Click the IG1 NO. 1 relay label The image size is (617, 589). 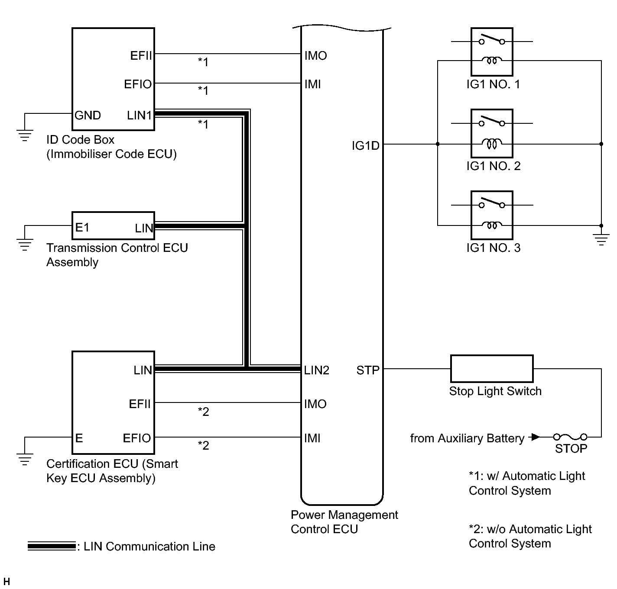coord(493,84)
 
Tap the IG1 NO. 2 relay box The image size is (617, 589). coord(492,133)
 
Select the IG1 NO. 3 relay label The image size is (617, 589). coord(493,248)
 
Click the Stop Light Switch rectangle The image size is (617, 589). coord(492,369)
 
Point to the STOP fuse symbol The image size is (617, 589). coord(570,437)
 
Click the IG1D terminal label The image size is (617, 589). coord(365,146)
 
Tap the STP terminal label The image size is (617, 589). coord(368,370)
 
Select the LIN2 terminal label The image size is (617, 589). coord(317,370)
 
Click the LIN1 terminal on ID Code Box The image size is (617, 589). coord(140,116)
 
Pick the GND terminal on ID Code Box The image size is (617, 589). coord(88,116)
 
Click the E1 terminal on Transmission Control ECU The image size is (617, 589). coord(82,228)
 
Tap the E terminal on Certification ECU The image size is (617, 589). coord(79,438)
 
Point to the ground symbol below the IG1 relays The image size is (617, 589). coord(601,239)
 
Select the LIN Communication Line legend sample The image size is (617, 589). coord(52,546)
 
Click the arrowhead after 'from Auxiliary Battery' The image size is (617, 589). coord(536,437)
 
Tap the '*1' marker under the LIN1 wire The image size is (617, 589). coord(203,125)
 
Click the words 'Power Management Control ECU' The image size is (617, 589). coord(344,522)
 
